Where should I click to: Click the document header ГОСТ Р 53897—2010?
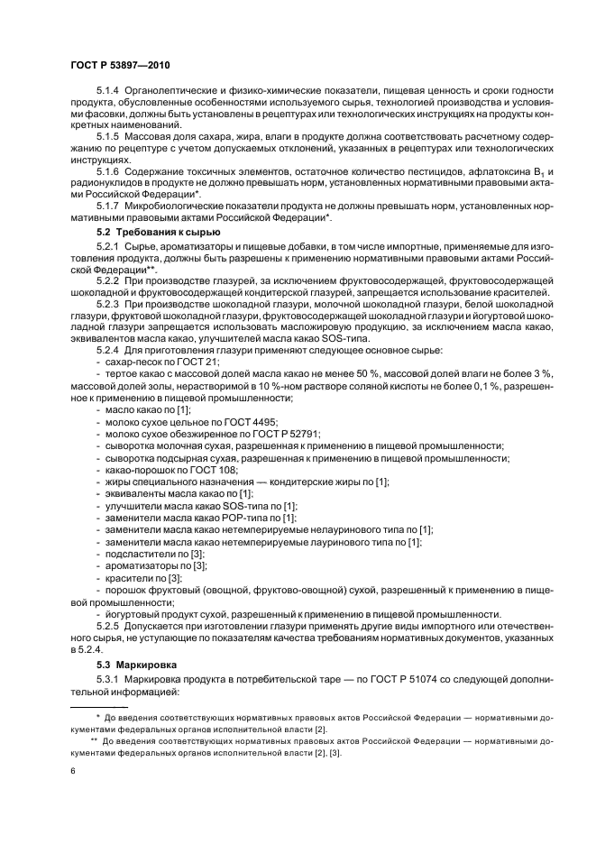(x=119, y=65)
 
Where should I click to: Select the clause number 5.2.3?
(x=107, y=307)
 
